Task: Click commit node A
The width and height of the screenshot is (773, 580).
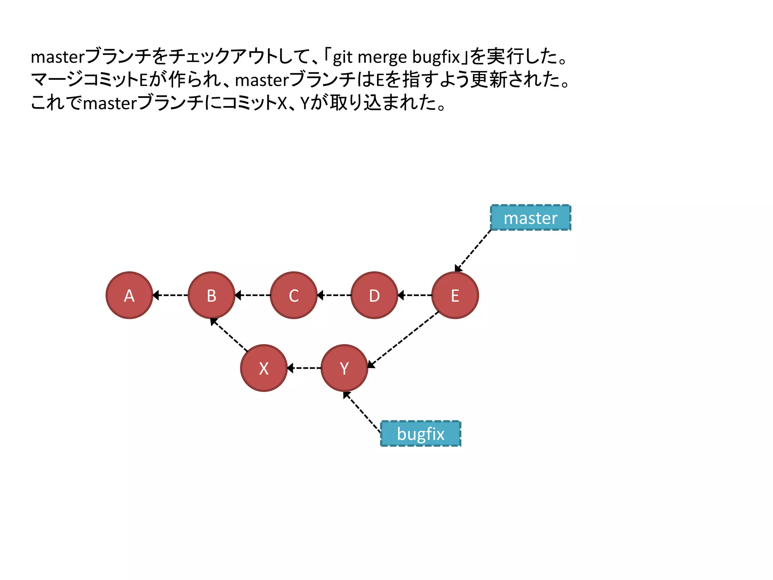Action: [129, 295]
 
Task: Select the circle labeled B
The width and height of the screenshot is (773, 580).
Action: [211, 295]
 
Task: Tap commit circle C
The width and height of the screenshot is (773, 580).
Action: [294, 295]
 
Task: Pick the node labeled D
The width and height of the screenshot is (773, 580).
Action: [374, 295]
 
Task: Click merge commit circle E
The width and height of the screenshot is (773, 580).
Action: [455, 295]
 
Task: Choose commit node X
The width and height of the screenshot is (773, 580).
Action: [264, 368]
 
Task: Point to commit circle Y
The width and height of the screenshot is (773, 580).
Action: [344, 368]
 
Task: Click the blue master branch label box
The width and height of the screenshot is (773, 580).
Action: [530, 218]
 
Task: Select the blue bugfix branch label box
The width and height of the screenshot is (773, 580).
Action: [420, 433]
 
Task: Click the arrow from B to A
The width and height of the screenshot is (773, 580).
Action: [170, 295]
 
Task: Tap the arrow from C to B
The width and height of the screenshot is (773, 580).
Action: [253, 295]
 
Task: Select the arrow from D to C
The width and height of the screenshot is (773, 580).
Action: [334, 295]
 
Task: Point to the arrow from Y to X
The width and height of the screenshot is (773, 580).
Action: [304, 368]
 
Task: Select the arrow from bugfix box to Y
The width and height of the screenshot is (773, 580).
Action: [362, 412]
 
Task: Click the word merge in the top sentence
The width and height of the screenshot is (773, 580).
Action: [382, 57]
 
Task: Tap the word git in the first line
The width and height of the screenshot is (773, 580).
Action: [342, 57]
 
